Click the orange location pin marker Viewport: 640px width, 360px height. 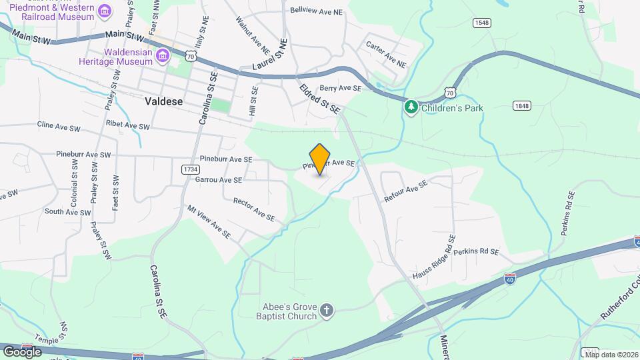[320, 159]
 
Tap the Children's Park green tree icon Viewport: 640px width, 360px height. [412, 107]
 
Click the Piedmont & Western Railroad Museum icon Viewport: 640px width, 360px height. [105, 11]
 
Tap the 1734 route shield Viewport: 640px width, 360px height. [189, 169]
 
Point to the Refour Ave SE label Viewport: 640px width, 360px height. [405, 192]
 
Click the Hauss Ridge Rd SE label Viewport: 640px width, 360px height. [434, 256]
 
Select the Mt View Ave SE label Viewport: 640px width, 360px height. [209, 222]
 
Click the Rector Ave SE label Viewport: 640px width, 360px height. [253, 209]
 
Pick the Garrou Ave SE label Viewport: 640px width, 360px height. [219, 180]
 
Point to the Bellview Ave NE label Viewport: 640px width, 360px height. [316, 11]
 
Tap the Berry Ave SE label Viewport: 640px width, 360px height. [340, 88]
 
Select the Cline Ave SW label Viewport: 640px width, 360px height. [59, 125]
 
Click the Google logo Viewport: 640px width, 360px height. [21, 351]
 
